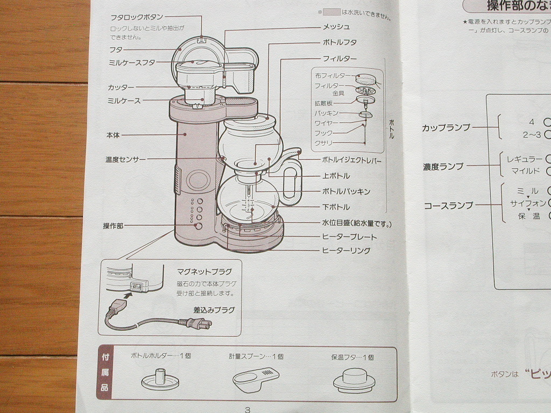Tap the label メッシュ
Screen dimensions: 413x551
coord(336,27)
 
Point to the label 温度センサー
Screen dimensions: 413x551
coord(125,160)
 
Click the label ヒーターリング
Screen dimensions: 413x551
coord(345,251)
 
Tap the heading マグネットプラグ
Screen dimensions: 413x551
coord(204,272)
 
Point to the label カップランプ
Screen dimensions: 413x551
coord(446,127)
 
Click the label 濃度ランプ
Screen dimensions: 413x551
coord(443,167)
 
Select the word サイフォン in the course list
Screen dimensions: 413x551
coord(527,203)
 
